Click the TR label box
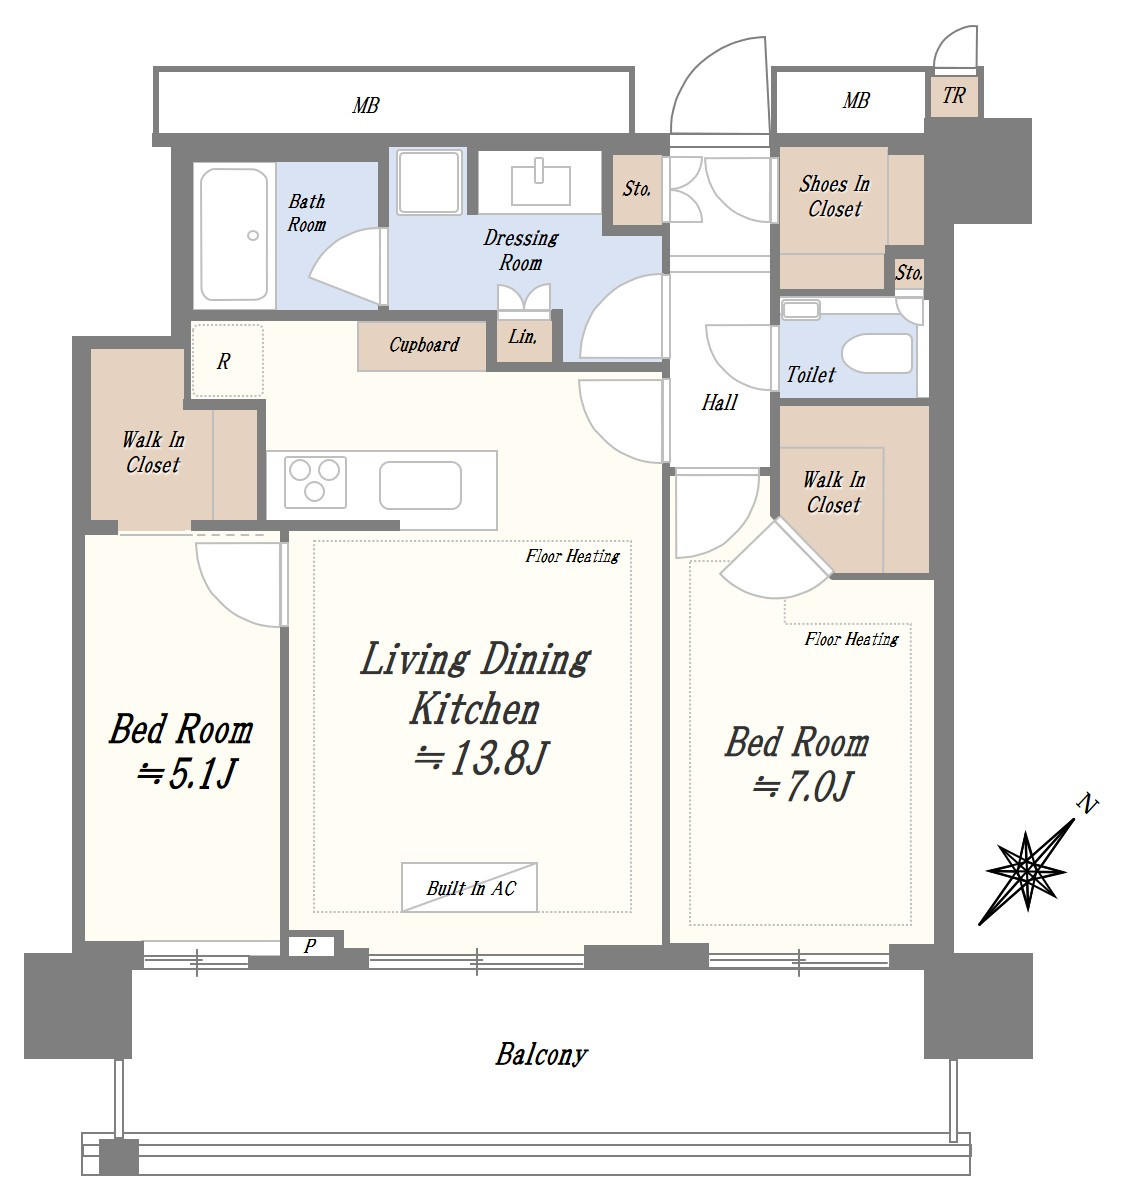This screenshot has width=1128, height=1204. [953, 96]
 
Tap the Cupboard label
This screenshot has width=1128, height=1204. [423, 345]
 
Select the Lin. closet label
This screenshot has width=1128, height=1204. [522, 336]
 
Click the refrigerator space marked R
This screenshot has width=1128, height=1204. [227, 361]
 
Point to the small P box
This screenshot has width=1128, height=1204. [310, 946]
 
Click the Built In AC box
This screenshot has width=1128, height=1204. [469, 888]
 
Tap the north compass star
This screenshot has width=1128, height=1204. [1026, 871]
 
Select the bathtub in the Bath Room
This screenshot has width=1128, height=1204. [234, 234]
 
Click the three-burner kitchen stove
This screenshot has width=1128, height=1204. [314, 481]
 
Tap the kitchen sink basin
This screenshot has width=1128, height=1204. [420, 485]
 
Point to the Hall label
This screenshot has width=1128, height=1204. [719, 402]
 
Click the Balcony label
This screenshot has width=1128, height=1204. [542, 1054]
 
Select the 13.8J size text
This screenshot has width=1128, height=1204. [482, 758]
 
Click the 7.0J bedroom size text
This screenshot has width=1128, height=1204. [804, 786]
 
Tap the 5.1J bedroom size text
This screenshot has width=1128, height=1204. [186, 774]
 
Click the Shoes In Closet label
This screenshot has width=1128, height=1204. [834, 196]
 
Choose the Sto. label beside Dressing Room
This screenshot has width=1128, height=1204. [637, 189]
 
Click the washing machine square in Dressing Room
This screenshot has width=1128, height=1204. [429, 182]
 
